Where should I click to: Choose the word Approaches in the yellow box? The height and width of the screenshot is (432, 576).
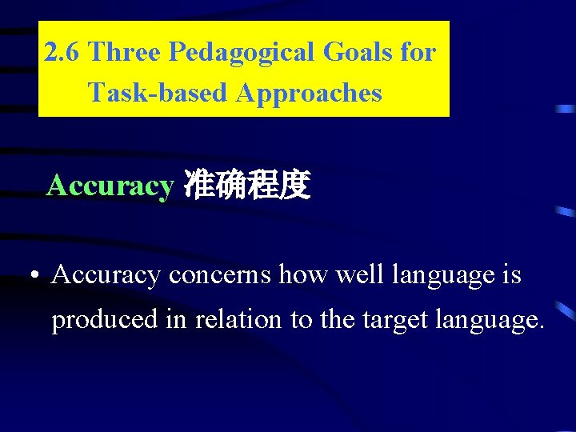[x=309, y=93]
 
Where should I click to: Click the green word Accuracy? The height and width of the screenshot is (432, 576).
[x=110, y=186]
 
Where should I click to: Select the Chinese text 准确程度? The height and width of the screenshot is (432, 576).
[x=246, y=186]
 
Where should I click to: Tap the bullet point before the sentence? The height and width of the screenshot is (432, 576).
[x=30, y=277]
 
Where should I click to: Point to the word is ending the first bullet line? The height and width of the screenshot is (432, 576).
[x=512, y=276]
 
